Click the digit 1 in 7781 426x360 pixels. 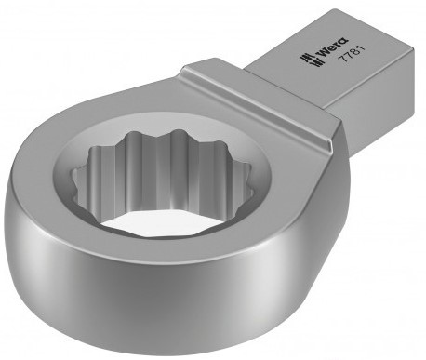[362, 48]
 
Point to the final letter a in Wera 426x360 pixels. [344, 42]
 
